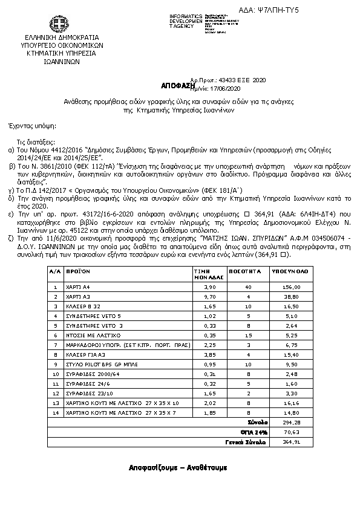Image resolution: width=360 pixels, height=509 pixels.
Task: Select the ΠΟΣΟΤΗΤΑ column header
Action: pyautogui.click(x=248, y=272)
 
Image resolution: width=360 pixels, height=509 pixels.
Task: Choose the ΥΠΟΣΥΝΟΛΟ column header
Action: pyautogui.click(x=292, y=272)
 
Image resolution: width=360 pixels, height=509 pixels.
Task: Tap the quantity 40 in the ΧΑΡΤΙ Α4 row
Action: pyautogui.click(x=248, y=288)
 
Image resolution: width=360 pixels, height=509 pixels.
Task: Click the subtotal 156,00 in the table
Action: pyautogui.click(x=293, y=288)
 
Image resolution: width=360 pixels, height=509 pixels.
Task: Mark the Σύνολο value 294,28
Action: pyautogui.click(x=293, y=422)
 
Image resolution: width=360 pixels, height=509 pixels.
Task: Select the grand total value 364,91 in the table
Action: pyautogui.click(x=293, y=442)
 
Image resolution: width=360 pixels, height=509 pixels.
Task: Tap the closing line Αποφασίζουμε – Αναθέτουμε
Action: pyautogui.click(x=178, y=467)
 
